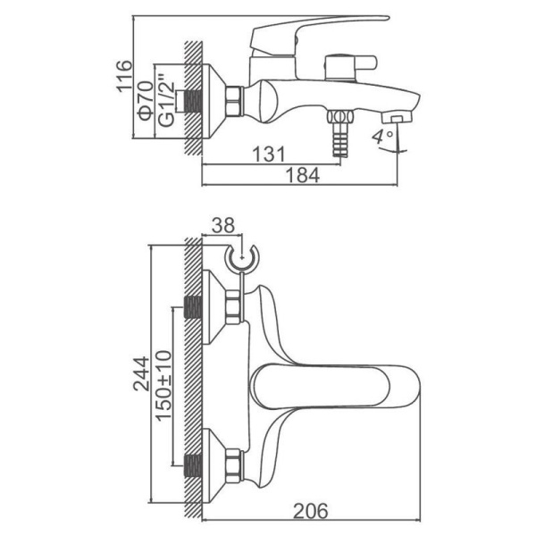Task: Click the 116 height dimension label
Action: coord(124,76)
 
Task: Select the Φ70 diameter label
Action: coord(146,100)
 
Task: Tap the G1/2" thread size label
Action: coord(166,100)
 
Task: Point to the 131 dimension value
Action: coord(269,155)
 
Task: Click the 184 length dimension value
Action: coord(303,176)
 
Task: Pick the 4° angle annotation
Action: coord(383,138)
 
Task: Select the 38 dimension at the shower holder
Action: coord(223,226)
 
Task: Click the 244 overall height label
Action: coord(141,373)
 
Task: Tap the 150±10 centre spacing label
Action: coord(163,385)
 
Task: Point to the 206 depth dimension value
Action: coord(311,511)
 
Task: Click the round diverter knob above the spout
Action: coord(350,67)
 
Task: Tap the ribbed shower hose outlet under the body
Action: coord(340,133)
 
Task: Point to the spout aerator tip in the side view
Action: coord(397,118)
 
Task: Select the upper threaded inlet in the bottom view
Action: coord(193,307)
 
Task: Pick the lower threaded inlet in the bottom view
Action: coord(193,465)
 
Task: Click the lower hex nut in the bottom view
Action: coord(234,465)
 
